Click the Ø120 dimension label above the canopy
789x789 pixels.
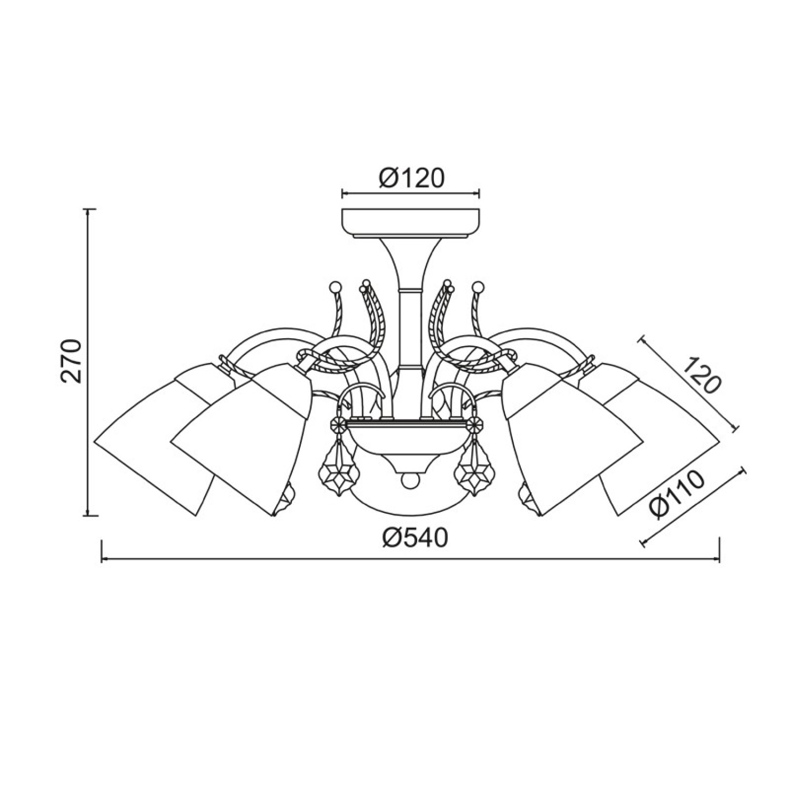[411, 179]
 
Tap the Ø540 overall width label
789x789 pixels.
[415, 538]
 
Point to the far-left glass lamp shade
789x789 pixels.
[158, 437]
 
